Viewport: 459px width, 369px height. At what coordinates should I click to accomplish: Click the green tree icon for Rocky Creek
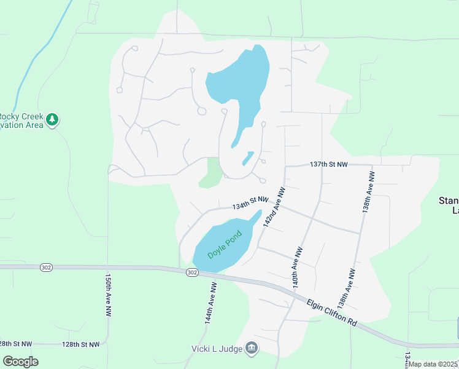[52, 119]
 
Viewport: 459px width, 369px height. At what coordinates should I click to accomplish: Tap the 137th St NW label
[329, 165]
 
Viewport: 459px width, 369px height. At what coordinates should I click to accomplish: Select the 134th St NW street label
[250, 202]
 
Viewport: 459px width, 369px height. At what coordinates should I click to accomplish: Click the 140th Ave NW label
[298, 268]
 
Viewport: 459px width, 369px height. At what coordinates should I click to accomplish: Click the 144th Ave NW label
[210, 303]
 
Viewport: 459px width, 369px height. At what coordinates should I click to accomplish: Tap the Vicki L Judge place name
[216, 349]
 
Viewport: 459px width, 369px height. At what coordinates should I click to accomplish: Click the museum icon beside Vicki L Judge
[252, 349]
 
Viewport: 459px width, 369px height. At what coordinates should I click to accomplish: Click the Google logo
[20, 362]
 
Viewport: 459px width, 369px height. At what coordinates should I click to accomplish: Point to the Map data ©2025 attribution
[433, 364]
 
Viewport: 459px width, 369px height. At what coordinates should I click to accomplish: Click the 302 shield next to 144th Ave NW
[192, 272]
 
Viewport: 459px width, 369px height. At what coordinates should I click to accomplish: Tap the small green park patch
[210, 173]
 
